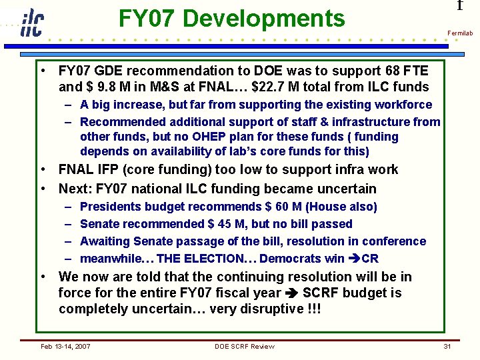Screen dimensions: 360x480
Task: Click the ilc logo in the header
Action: tap(31, 22)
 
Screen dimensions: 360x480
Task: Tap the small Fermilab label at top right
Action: tap(460, 33)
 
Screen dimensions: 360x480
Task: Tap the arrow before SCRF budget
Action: tap(291, 293)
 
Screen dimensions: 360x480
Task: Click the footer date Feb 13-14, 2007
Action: tap(66, 346)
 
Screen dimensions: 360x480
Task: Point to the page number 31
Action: tap(447, 346)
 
